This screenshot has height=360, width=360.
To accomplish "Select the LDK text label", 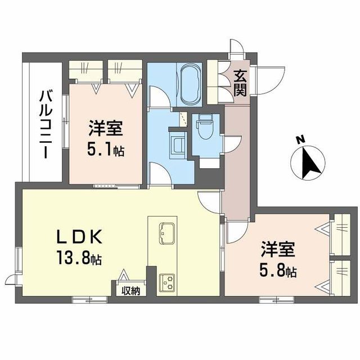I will pos(79,237).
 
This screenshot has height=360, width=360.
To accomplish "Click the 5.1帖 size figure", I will pos(106,151).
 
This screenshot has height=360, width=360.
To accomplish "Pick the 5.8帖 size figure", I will pos(278,271).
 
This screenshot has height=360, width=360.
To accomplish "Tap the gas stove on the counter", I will pos(168,281).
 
